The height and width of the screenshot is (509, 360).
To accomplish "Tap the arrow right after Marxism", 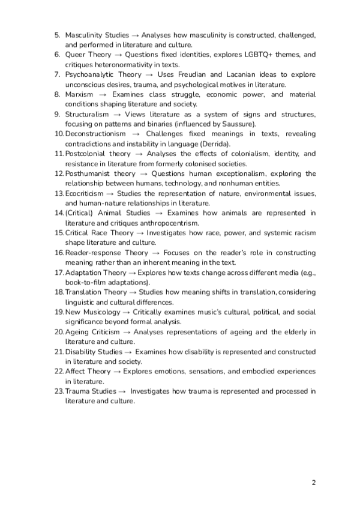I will pos(103,94).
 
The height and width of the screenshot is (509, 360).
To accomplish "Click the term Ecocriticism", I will pos(84,193).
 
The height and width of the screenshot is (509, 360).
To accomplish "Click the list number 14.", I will pos(59,212).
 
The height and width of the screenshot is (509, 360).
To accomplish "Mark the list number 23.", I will pos(59,391).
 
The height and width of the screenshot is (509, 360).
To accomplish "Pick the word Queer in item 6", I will pos(76,55).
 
